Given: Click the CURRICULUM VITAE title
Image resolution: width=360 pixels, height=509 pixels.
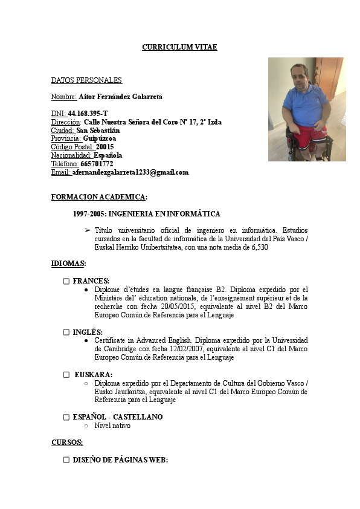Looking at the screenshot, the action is point(179,47).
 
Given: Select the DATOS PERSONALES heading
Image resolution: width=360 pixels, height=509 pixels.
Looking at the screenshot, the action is point(86,80).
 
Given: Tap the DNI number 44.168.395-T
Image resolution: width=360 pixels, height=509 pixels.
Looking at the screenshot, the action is point(88,113).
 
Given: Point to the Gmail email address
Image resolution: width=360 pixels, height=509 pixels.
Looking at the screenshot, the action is point(130,172).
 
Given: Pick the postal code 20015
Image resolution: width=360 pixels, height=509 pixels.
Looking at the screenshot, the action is point(104,147).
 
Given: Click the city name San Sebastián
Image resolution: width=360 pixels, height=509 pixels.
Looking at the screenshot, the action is point(98,130).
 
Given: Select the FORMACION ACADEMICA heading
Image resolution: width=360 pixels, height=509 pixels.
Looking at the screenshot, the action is point(99,197).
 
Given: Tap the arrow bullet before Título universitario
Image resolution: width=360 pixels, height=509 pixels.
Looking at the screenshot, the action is point(88,230).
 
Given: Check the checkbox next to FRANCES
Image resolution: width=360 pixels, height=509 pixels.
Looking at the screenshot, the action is point(66,281).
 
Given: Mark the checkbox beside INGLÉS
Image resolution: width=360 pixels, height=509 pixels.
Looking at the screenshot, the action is point(66,332).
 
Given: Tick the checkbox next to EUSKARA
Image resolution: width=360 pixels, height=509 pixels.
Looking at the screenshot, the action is point(66,375).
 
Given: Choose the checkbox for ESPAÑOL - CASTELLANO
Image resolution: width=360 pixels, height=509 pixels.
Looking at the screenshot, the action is point(66,417).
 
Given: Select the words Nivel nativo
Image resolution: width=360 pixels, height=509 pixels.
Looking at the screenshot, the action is point(112,426).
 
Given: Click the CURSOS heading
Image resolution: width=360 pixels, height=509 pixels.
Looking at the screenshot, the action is point(67,443).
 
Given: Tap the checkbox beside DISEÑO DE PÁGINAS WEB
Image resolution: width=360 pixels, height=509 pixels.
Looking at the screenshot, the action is point(66,460).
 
